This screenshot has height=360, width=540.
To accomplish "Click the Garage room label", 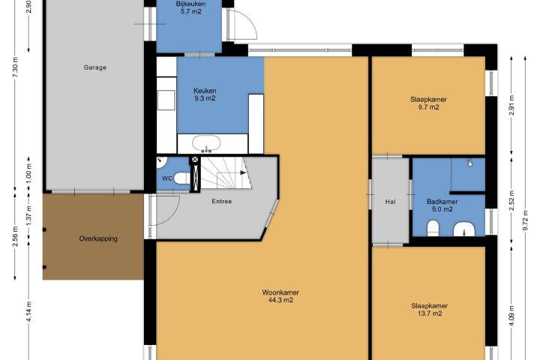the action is tap(95, 67).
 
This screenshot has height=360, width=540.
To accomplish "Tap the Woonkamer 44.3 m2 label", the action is tap(280, 296).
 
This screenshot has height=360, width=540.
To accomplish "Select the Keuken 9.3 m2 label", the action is tap(205, 94).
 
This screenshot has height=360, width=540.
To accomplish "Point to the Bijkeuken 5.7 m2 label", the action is tap(190, 7).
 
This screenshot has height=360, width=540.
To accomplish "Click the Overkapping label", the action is tap(98, 238).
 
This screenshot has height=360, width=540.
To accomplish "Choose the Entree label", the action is tap(222, 201).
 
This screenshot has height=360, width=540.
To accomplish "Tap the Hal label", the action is tap(390, 202).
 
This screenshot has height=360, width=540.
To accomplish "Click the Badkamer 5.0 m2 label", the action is tap(442, 205).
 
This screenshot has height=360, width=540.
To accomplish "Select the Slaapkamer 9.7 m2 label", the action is tap(428, 103).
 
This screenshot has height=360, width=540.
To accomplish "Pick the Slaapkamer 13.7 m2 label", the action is tap(430, 309).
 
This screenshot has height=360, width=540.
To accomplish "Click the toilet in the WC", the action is tap(182, 178).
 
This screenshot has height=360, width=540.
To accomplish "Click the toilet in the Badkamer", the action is tap(433, 229).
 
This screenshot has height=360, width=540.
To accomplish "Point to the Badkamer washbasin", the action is tap(464, 229).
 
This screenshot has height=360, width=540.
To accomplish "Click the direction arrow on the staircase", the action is tap(243, 172).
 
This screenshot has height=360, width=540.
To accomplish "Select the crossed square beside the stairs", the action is tap(195, 160).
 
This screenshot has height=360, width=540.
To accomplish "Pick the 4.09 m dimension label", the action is tap(511, 315).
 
